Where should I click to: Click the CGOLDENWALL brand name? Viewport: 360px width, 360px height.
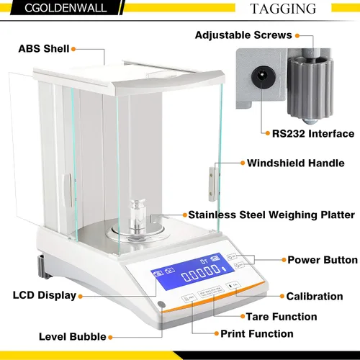66,8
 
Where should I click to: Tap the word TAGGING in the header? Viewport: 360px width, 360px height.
283,9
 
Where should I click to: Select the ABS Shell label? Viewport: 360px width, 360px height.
44,49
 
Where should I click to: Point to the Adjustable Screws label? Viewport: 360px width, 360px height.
243,35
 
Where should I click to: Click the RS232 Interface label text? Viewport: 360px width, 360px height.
313,134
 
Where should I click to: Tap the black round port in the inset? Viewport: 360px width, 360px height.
261,77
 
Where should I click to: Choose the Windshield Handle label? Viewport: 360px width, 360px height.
296,163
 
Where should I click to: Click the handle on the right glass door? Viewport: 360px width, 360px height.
212,184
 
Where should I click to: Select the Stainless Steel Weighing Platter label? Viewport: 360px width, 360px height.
271,215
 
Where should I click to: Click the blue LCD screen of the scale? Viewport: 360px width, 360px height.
192,272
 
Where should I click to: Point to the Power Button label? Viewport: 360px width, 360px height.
323,260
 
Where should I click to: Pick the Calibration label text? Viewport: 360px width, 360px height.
315,297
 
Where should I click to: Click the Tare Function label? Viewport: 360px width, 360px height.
282,317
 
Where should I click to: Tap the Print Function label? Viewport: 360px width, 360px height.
257,334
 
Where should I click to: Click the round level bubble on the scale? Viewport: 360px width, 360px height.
162,305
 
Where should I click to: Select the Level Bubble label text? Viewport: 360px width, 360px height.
73,337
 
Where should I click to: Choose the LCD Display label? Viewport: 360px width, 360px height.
45,295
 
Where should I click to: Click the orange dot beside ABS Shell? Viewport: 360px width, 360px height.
73,49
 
